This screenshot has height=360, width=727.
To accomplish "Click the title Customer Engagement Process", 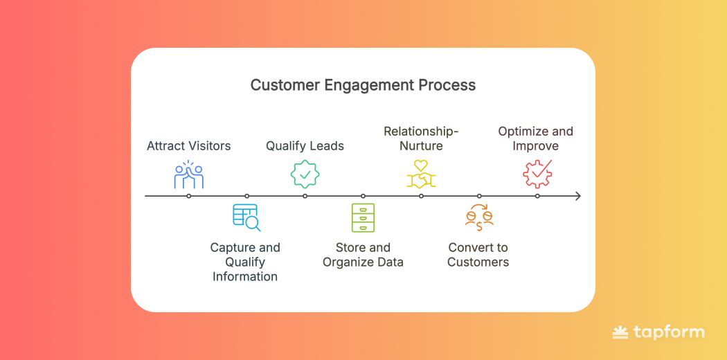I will point(363,85).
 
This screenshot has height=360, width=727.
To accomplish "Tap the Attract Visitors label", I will point(189,146).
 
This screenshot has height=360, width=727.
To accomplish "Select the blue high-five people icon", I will point(188,175).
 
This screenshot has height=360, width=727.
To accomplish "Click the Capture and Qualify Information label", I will point(245,262).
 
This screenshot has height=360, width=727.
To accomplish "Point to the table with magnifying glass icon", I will point(246,217).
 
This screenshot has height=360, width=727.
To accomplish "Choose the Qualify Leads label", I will point(305,146).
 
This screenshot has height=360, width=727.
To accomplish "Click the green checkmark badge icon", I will point(305,174).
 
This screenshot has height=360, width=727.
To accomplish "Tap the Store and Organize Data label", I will point(363,255).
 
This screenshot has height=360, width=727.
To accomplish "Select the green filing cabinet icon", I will point(363,217).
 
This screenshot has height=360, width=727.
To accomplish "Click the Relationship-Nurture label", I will point(421,138).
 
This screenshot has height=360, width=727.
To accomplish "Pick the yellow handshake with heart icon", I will point(421,174).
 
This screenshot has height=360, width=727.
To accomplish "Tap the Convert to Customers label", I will point(478,255).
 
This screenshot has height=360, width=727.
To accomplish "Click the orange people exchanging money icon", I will point(479,217).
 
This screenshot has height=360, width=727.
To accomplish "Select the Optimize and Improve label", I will point(536,138).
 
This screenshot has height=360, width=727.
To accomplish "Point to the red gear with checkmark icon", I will point(537,174).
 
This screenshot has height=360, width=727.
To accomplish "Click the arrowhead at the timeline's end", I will point(577,197).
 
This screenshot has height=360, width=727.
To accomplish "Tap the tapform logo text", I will point(668,333).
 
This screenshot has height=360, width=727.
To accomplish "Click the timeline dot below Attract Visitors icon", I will point(189,197).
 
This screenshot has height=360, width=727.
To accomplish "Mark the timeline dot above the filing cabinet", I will point(363,197).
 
